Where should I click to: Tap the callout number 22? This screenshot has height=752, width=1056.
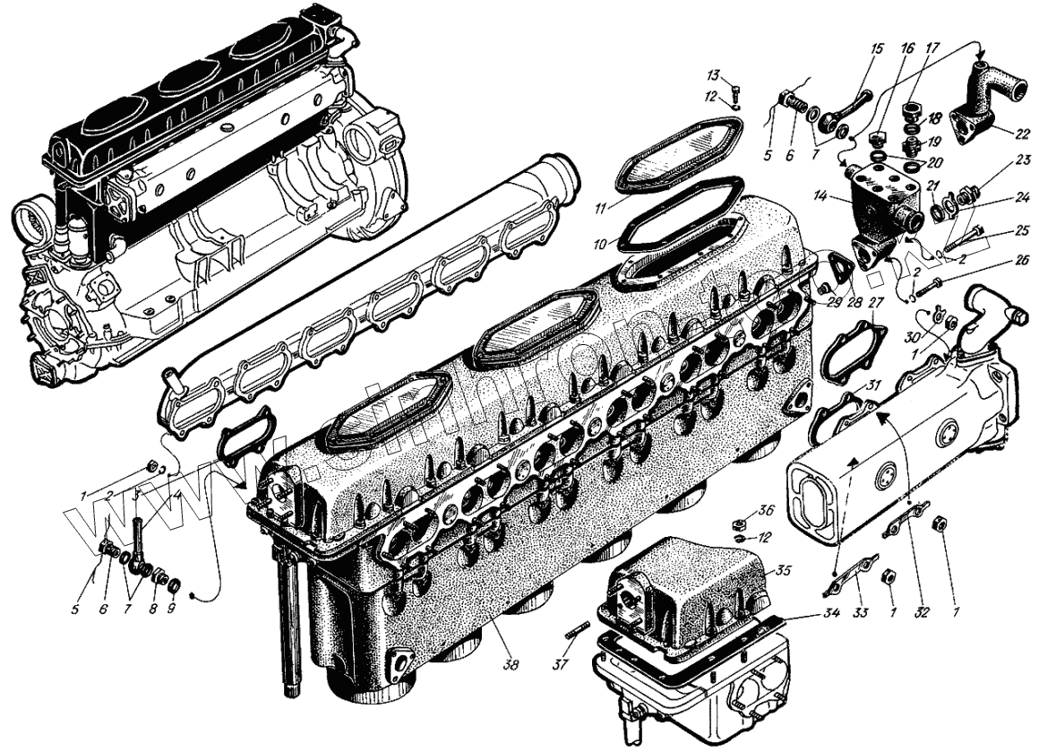pos(1022,134)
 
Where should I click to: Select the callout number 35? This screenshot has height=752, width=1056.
pos(784,569)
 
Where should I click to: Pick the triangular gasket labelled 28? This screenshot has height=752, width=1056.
pos(840,270)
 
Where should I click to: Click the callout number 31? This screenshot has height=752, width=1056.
pos(873,386)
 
